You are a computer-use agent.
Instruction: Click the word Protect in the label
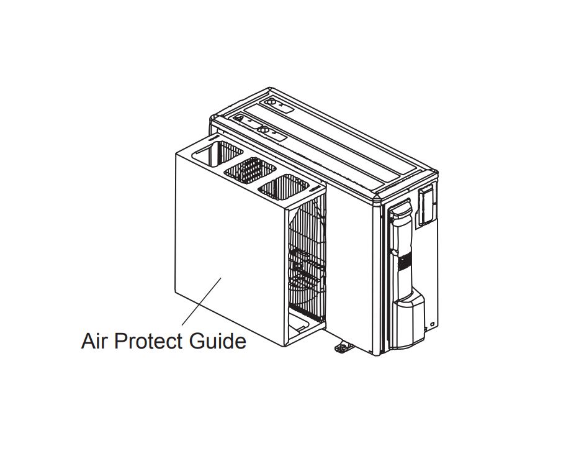148,340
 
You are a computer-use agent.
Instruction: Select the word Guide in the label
218,340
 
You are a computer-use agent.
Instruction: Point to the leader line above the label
202,301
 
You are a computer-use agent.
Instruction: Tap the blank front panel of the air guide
230,249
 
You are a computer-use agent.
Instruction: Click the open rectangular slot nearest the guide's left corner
217,153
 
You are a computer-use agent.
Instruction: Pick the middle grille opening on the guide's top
250,170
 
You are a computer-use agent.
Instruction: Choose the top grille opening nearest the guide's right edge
284,187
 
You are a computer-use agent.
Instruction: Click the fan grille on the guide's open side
307,260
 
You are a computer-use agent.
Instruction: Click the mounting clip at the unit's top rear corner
279,104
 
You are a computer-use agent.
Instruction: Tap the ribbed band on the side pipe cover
404,262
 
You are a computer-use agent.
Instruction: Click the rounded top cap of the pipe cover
400,209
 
